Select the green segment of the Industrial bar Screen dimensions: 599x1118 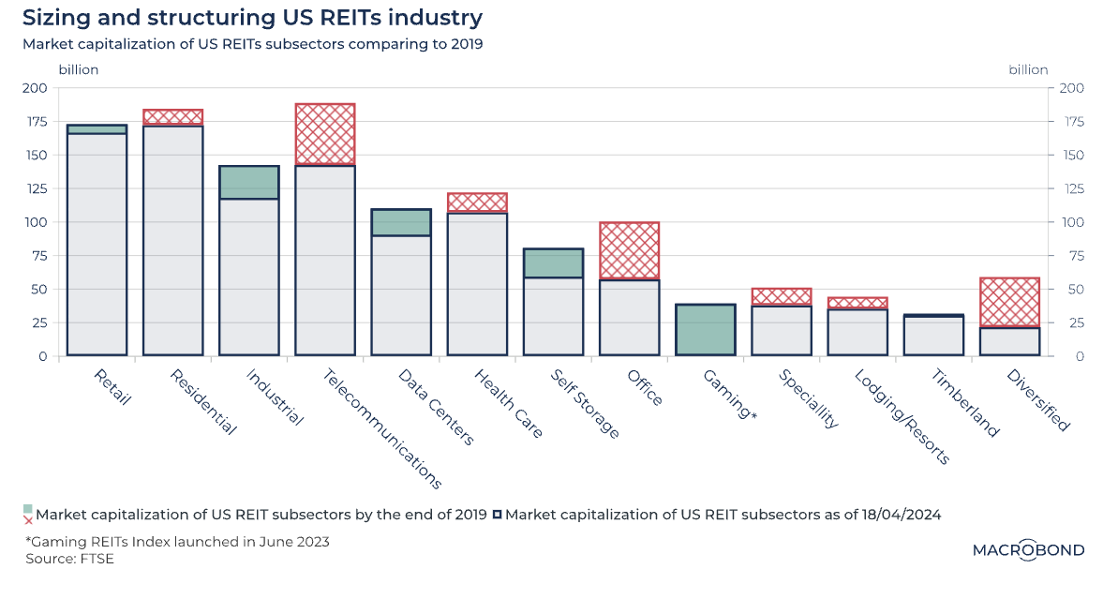click(x=249, y=183)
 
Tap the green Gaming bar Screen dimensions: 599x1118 click(x=705, y=330)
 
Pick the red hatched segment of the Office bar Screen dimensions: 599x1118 click(x=630, y=251)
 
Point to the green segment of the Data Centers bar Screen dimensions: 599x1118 click(x=401, y=222)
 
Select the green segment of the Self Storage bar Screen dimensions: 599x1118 click(x=553, y=263)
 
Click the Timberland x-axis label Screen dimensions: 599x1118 click(x=965, y=403)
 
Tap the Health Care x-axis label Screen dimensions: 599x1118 click(x=508, y=404)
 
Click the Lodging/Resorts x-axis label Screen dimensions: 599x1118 click(x=902, y=416)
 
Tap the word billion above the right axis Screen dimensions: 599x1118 click(x=1028, y=69)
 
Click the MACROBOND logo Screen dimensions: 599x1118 click(x=1028, y=550)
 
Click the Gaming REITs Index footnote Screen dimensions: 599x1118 click(x=177, y=542)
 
